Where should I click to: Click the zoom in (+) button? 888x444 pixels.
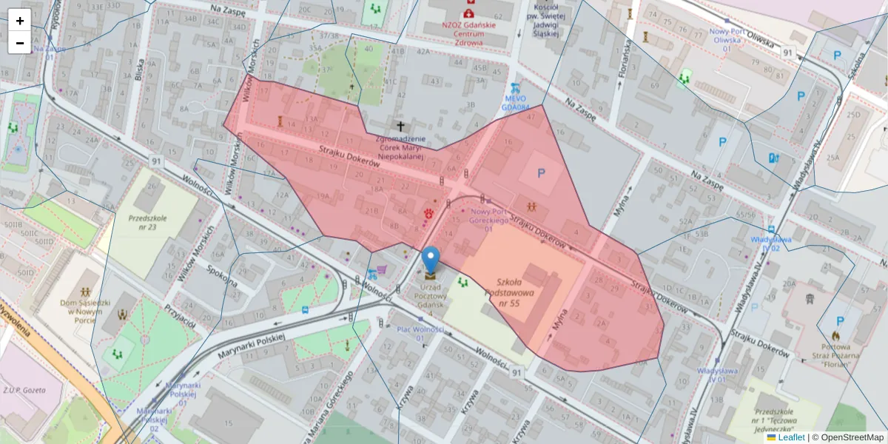(x=19, y=21)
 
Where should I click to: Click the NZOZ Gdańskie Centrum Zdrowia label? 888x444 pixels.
(x=468, y=33)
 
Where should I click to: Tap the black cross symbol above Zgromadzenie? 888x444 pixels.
(x=401, y=127)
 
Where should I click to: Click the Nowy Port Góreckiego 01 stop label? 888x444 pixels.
(x=488, y=220)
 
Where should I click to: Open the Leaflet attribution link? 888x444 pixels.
(x=790, y=437)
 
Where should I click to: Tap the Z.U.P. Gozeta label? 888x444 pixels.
(x=24, y=390)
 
